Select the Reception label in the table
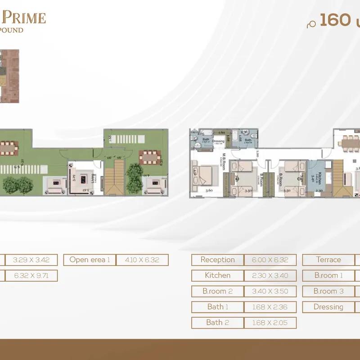point(217,260)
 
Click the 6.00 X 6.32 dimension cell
point(270,260)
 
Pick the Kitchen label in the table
point(217,275)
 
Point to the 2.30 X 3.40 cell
point(270,275)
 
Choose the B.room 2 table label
point(217,291)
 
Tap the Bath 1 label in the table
point(217,307)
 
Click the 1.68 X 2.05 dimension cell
point(270,323)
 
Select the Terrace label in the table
point(328,260)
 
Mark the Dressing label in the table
point(328,307)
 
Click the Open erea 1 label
point(90,260)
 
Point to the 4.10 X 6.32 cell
point(142,260)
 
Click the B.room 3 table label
point(328,291)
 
